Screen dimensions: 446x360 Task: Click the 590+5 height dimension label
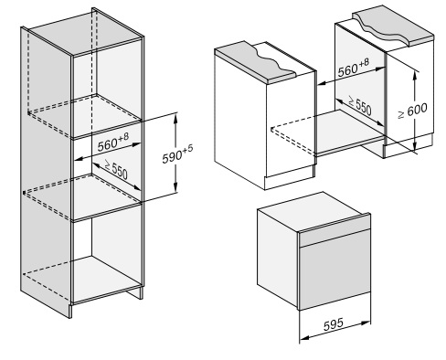click(177, 154)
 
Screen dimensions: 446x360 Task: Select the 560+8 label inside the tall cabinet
click(113, 142)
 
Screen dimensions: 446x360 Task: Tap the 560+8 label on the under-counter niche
click(354, 67)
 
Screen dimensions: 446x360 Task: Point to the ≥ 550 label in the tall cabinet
click(116, 169)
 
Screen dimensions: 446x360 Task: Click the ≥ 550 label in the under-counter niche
click(360, 105)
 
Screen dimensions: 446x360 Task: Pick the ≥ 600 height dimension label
click(413, 111)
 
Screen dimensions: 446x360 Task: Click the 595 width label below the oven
click(333, 324)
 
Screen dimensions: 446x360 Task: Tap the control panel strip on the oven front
click(334, 233)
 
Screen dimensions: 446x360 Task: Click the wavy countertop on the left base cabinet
click(255, 62)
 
